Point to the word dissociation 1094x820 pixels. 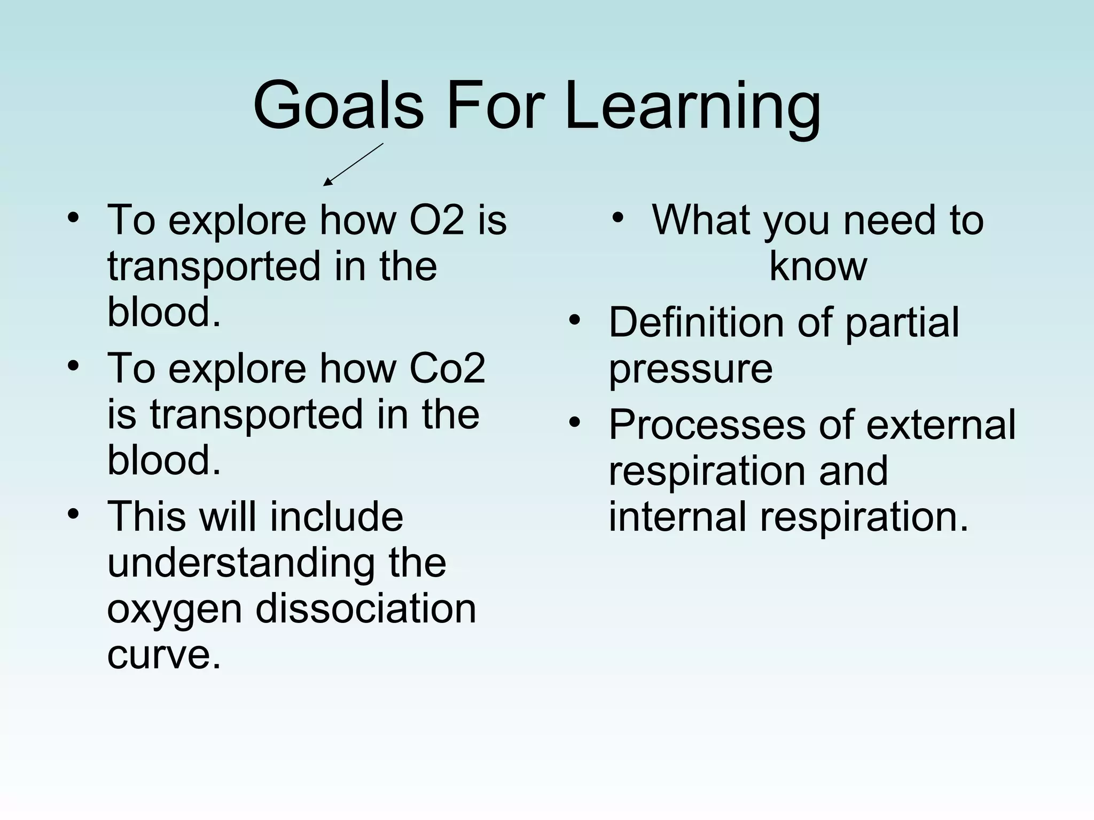coord(365,609)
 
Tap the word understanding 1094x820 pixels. coord(241,563)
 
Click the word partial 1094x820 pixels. coord(902,322)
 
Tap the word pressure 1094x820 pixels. coord(691,369)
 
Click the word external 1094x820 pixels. coord(941,425)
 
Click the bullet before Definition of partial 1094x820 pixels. coord(575,320)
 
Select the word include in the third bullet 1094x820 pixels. coord(336,517)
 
